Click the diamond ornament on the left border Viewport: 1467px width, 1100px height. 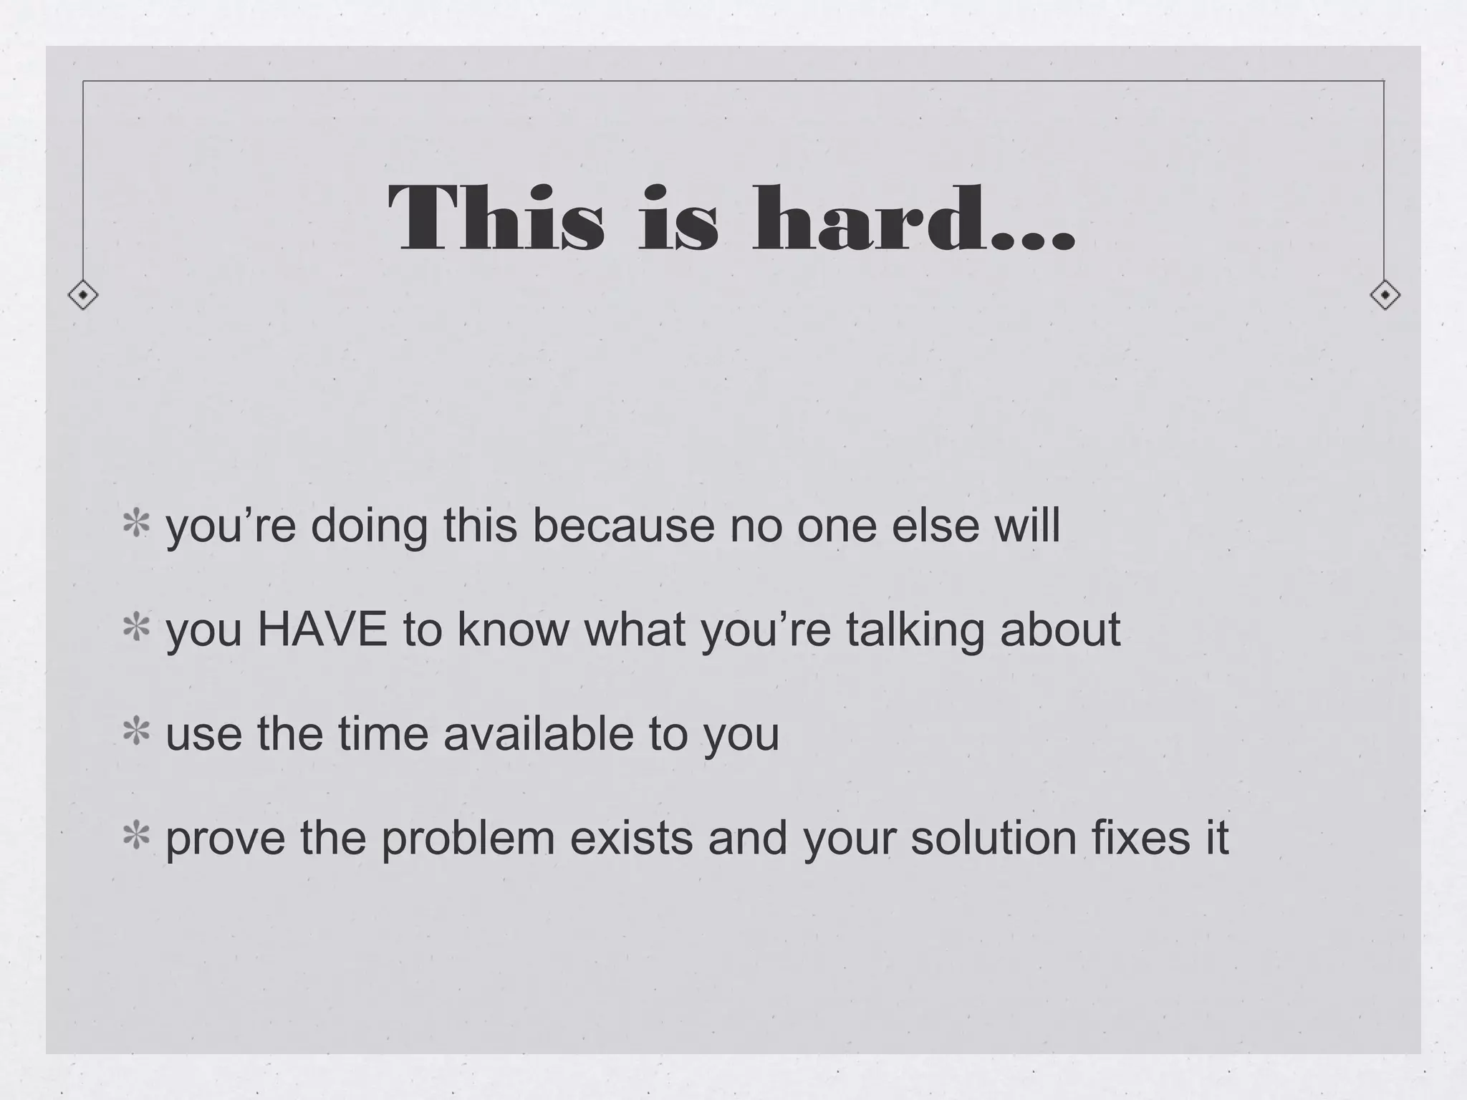(83, 294)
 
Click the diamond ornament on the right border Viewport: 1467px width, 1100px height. (1385, 294)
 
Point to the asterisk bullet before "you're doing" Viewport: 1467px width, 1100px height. (136, 524)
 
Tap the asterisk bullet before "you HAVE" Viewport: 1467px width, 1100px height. (136, 628)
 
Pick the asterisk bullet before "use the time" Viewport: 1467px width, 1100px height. (136, 733)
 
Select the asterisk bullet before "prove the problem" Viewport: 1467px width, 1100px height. (136, 836)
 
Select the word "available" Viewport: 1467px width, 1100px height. (539, 733)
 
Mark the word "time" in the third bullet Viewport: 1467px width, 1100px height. (383, 733)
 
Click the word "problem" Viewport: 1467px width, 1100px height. (468, 838)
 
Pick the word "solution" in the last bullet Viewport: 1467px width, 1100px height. (994, 836)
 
